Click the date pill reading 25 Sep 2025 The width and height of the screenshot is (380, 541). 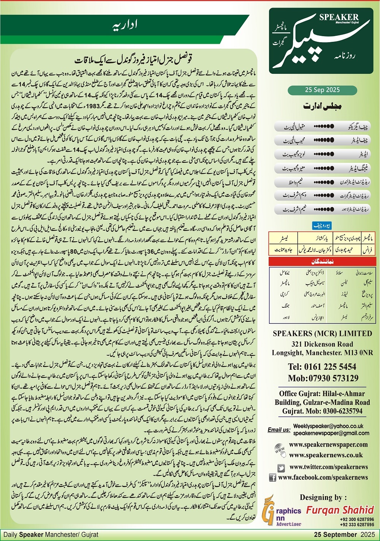[322, 90]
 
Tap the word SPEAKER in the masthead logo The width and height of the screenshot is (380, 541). [339, 17]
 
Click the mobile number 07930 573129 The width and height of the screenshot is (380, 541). [323, 378]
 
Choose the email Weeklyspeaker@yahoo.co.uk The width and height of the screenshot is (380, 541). [328, 426]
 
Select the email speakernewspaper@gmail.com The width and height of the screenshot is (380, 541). [331, 433]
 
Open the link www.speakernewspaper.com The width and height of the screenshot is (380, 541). [328, 444]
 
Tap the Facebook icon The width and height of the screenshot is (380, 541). [272, 477]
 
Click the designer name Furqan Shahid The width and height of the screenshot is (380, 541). [340, 510]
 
